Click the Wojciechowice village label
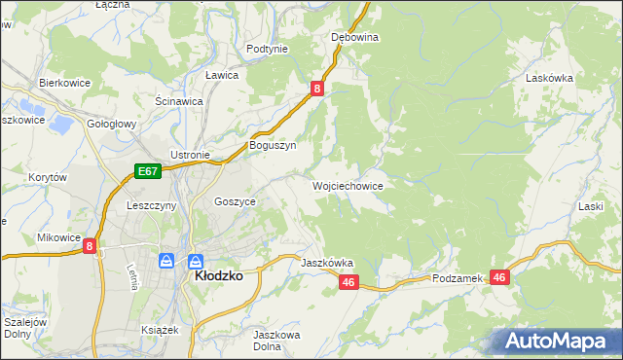(347, 185)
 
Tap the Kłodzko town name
(219, 275)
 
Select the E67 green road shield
(147, 171)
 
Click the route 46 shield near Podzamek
(499, 277)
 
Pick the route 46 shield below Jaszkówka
(350, 282)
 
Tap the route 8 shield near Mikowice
(90, 247)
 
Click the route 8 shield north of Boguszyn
(317, 89)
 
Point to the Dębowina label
(354, 37)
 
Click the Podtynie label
(267, 49)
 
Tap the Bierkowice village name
(64, 83)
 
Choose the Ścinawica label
(178, 100)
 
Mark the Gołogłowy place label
(112, 125)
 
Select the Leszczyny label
(151, 206)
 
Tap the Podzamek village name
(458, 278)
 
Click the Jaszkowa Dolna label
(274, 341)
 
